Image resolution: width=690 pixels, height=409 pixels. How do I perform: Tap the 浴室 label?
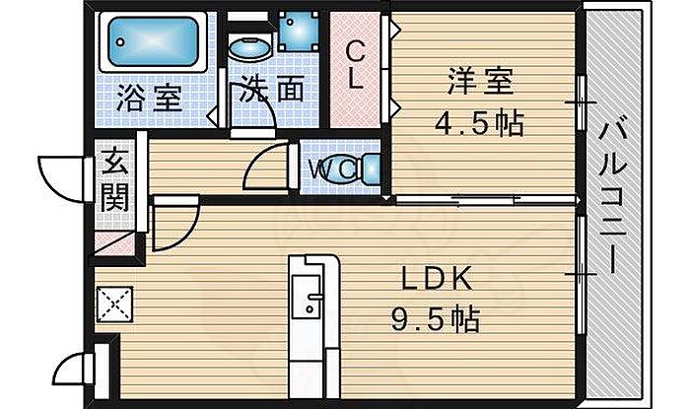[x=149, y=99]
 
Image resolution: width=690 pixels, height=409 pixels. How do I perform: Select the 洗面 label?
[x=267, y=93]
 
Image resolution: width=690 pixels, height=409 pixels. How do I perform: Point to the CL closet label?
[x=356, y=64]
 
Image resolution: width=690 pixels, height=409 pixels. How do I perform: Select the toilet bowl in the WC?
[x=366, y=169]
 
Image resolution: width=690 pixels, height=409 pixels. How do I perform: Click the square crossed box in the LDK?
[x=115, y=303]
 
